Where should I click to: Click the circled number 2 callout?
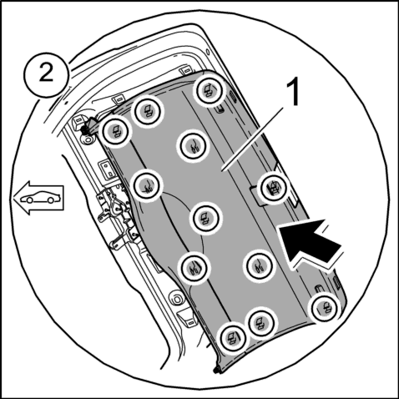click(46, 74)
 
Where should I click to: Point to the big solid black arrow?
click(310, 243)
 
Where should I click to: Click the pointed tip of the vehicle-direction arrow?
click(14, 198)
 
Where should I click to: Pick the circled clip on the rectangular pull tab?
click(274, 188)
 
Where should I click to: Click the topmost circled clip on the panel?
click(210, 90)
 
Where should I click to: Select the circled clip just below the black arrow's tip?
click(259, 266)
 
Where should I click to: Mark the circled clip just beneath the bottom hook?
click(325, 308)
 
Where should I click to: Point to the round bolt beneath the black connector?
click(88, 139)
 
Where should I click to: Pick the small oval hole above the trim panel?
click(208, 52)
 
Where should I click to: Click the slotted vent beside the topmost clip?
click(233, 98)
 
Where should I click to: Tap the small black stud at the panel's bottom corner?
click(216, 371)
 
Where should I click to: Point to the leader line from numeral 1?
click(252, 139)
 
